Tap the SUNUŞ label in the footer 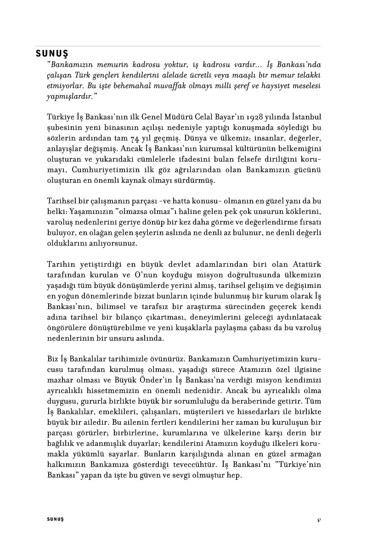55,519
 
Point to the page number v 318,519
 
